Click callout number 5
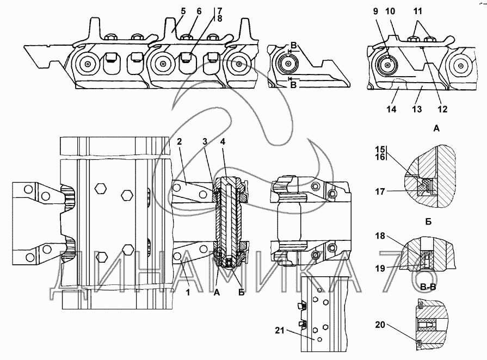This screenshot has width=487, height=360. click(x=183, y=11)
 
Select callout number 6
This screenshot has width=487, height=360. click(x=199, y=11)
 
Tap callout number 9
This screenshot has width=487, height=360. click(x=375, y=11)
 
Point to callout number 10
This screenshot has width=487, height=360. click(x=390, y=11)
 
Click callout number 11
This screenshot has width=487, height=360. click(x=418, y=11)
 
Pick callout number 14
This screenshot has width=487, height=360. click(x=391, y=109)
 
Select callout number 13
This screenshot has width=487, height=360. click(x=417, y=109)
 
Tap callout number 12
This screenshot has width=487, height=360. click(x=442, y=109)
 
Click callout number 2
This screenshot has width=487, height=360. click(x=179, y=141)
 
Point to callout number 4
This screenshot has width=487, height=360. click(x=223, y=141)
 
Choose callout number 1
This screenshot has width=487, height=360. click(x=188, y=293)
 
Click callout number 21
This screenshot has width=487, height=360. click(x=280, y=331)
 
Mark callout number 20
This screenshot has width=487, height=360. click(x=380, y=325)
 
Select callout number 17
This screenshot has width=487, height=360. click(x=380, y=192)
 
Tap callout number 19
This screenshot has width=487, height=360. click(x=380, y=268)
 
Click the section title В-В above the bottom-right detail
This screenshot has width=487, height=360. click(x=428, y=287)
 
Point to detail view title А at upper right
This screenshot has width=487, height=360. click(x=436, y=128)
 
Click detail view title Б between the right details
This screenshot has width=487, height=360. click(x=428, y=222)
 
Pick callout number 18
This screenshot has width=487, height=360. click(x=380, y=236)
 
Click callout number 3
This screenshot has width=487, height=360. click(x=205, y=141)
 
